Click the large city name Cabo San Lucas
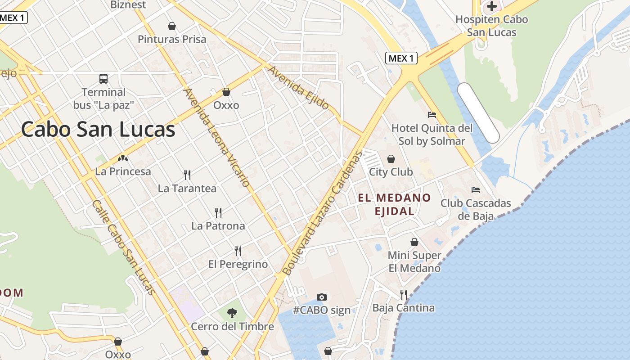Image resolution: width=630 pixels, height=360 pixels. [x=98, y=130]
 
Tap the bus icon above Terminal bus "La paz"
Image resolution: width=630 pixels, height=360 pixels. [x=103, y=79]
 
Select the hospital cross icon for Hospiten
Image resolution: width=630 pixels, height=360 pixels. [x=492, y=6]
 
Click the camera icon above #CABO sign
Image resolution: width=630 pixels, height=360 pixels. [x=321, y=297]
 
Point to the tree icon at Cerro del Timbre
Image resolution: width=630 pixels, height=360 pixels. [x=232, y=313]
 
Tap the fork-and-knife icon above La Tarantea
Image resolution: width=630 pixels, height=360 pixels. [x=187, y=175]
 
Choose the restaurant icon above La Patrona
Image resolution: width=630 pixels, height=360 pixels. [x=218, y=212]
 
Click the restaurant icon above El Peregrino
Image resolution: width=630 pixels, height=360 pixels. [x=238, y=251]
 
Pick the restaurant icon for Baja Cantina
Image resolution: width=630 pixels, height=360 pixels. [x=404, y=295]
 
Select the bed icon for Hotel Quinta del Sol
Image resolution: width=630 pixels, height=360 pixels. [x=432, y=115]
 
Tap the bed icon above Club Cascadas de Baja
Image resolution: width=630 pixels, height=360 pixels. [x=476, y=189]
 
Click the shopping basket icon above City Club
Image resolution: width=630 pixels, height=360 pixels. [x=391, y=159]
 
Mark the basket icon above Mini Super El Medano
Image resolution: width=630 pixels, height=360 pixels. [x=414, y=242]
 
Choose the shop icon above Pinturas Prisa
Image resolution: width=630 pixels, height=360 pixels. [x=171, y=26]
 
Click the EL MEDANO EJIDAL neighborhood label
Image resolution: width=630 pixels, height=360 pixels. [x=395, y=204]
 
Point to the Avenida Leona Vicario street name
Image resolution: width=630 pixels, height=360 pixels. [x=216, y=137]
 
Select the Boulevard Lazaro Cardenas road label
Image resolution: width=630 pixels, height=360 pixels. [x=322, y=213]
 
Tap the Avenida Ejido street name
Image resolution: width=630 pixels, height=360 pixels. [x=298, y=88]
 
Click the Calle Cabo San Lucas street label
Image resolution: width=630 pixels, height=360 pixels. [x=124, y=247]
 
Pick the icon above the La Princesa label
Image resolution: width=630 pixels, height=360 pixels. [x=122, y=158]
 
